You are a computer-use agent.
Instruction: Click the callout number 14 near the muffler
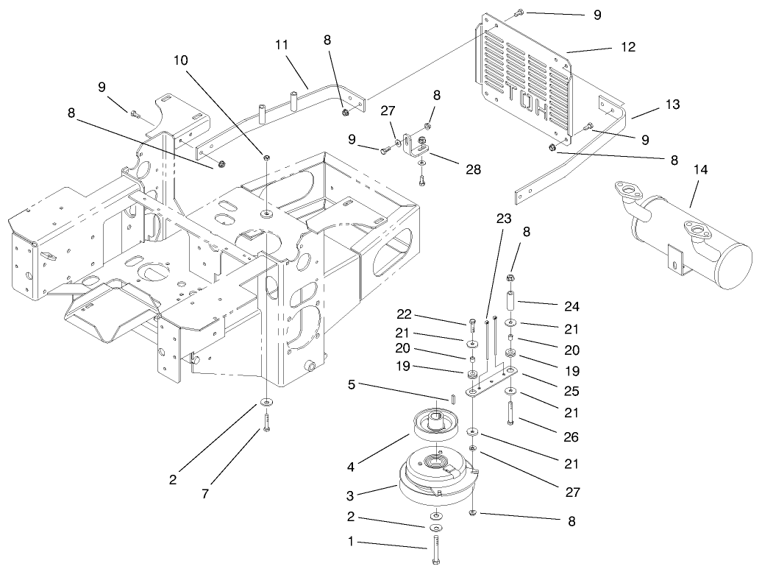point(700,170)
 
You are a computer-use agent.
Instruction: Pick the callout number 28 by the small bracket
point(473,170)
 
